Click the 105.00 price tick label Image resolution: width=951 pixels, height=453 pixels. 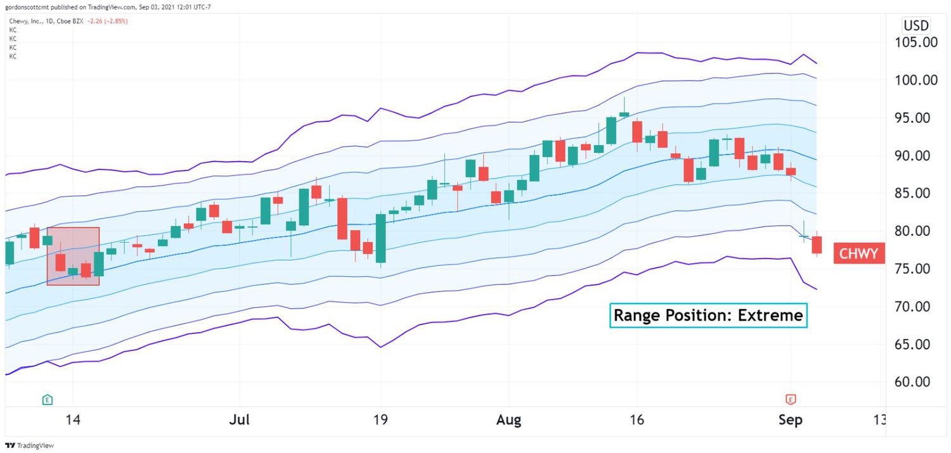pyautogui.click(x=917, y=43)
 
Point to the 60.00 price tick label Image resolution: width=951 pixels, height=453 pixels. pyautogui.click(x=917, y=382)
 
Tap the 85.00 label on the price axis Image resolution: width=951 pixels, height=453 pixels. pyautogui.click(x=917, y=193)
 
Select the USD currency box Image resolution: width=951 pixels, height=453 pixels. pyautogui.click(x=916, y=26)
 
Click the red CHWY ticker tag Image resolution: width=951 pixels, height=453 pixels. pyautogui.click(x=858, y=254)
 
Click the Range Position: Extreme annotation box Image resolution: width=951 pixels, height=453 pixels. pyautogui.click(x=708, y=315)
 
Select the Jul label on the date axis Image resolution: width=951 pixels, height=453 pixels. pyautogui.click(x=239, y=420)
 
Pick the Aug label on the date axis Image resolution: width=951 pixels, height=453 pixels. pyautogui.click(x=508, y=420)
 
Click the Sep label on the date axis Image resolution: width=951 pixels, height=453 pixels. pyautogui.click(x=790, y=420)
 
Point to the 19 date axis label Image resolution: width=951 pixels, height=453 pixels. pyautogui.click(x=380, y=420)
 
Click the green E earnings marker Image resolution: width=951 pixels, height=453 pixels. pyautogui.click(x=47, y=400)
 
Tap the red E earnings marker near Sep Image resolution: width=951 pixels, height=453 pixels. pyautogui.click(x=791, y=400)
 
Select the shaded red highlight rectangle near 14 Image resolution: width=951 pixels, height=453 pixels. pyautogui.click(x=73, y=256)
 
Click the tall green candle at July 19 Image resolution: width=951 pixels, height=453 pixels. pyautogui.click(x=380, y=238)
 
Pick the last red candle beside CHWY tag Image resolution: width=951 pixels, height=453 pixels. pyautogui.click(x=817, y=245)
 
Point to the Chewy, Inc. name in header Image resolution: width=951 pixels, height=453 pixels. pyautogui.click(x=26, y=21)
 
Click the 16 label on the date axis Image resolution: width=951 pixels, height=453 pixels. pyautogui.click(x=637, y=420)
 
